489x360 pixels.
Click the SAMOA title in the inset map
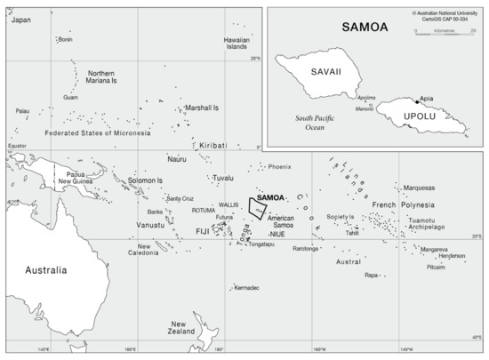pos(365,27)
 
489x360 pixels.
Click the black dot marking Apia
pos(415,102)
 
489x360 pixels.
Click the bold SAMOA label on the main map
pos(269,197)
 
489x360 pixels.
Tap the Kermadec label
pos(247,287)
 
